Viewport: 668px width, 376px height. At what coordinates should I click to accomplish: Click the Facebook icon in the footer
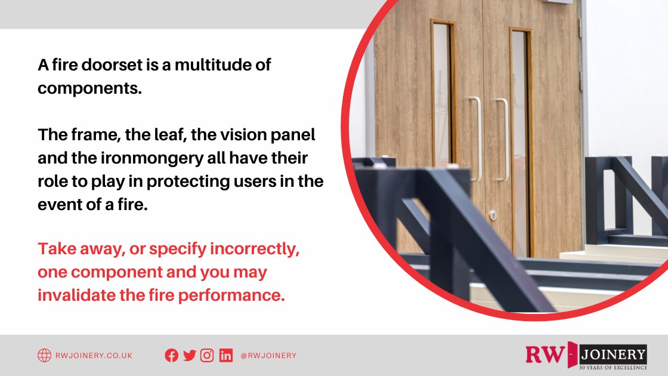click(x=171, y=356)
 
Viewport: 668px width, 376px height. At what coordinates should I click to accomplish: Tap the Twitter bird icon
click(x=190, y=356)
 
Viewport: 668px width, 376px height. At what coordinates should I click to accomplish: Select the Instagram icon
click(x=207, y=356)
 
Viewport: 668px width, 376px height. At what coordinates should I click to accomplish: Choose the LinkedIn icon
click(x=225, y=356)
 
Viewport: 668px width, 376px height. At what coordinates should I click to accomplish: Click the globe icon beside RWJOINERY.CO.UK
click(x=44, y=356)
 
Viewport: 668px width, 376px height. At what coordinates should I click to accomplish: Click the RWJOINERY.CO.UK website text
click(x=94, y=356)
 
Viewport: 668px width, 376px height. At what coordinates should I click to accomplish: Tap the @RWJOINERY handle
click(x=268, y=356)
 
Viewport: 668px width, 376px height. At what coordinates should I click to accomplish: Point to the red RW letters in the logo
click(x=543, y=355)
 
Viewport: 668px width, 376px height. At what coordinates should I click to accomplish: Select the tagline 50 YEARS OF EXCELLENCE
click(x=613, y=367)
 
